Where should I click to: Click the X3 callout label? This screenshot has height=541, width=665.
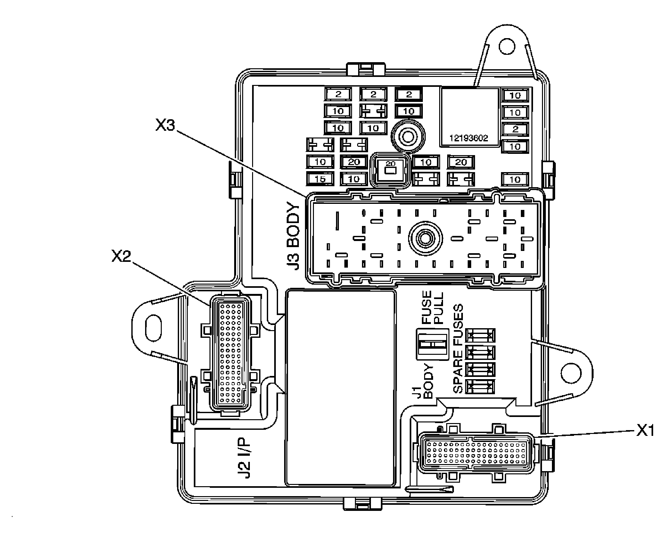pos(165,125)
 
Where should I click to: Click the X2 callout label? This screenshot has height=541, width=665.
pos(121,256)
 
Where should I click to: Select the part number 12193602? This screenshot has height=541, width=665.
pos(469,138)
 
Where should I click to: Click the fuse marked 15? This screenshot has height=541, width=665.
pos(320,179)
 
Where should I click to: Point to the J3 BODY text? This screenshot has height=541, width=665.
pos(293,236)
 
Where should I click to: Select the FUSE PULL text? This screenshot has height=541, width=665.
pos(432,308)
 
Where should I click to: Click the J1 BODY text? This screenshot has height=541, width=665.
pos(423,381)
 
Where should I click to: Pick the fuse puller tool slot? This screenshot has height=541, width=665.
pos(432,345)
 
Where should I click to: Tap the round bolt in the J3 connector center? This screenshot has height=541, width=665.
pos(425,238)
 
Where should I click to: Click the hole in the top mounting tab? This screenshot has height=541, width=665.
pos(506,46)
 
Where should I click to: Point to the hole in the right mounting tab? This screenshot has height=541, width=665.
pos(571,373)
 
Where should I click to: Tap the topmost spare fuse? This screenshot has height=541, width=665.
pos(480,336)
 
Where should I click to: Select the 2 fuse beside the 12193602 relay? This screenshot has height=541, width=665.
pos(515,129)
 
